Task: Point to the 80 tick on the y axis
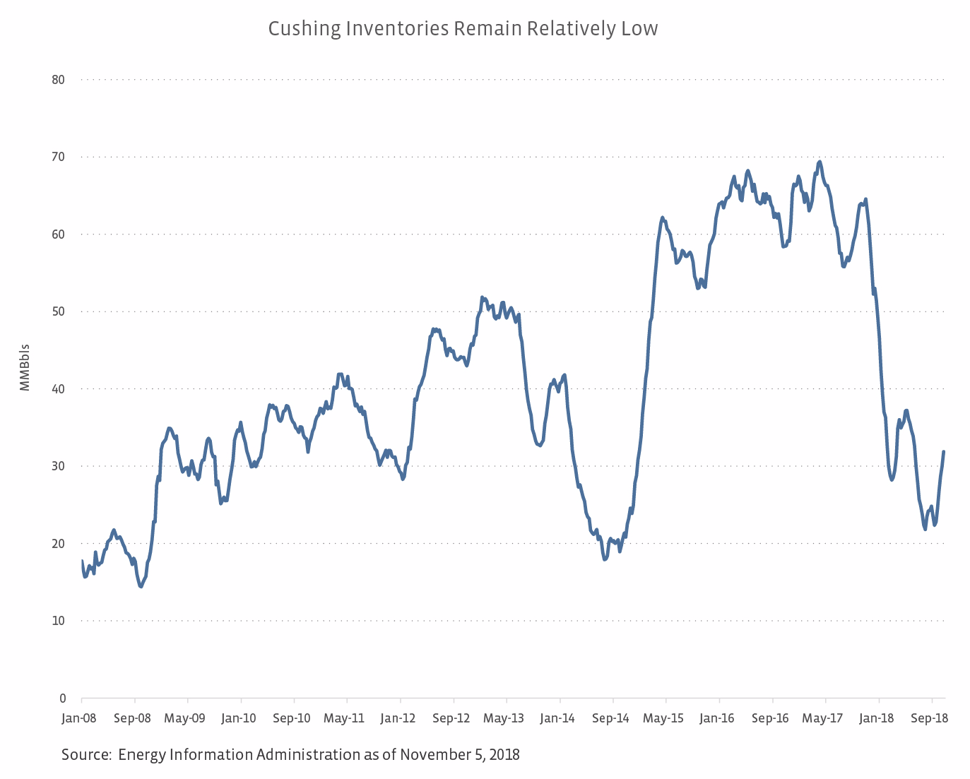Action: [x=58, y=80]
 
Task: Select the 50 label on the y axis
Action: [x=58, y=311]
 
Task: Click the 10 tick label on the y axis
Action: [x=58, y=621]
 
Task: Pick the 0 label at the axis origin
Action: [x=62, y=698]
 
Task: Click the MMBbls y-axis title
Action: [x=25, y=367]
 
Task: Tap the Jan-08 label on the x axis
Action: [x=79, y=718]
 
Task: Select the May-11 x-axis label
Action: [x=344, y=718]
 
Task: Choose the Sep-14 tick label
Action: [x=610, y=718]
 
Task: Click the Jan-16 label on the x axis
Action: [x=717, y=718]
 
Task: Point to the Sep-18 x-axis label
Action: [x=930, y=718]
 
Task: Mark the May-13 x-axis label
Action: [x=504, y=718]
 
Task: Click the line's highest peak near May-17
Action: [x=820, y=162]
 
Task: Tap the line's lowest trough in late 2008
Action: [x=141, y=586]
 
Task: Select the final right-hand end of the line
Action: [x=944, y=452]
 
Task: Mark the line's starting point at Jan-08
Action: [x=82, y=561]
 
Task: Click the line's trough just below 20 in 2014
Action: [x=605, y=559]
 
